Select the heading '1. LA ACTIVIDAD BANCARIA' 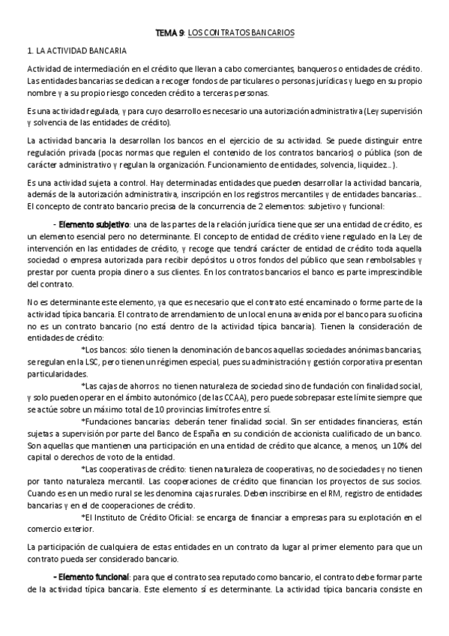76,51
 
